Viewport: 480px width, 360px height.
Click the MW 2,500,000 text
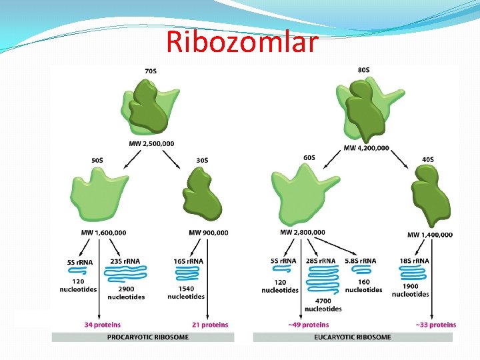(x=152, y=143)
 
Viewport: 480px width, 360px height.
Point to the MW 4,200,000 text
(x=366, y=148)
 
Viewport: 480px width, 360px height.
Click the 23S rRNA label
(x=125, y=261)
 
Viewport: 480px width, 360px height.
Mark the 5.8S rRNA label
(x=361, y=261)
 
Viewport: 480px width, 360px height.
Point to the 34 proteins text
(x=103, y=325)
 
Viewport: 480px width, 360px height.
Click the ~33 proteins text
(x=436, y=325)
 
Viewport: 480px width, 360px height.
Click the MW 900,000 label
(x=209, y=233)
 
